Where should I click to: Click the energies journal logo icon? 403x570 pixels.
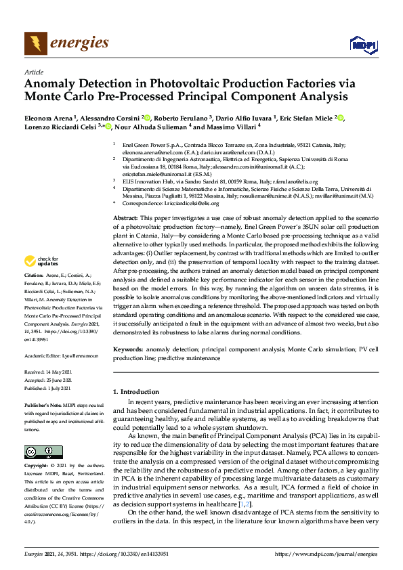pos(36,43)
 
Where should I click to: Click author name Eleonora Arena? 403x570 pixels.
pos(49,118)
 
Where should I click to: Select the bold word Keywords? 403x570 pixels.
pos(127,349)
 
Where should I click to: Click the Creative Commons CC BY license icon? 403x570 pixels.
pos(43,452)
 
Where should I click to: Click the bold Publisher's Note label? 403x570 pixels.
pos(41,404)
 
